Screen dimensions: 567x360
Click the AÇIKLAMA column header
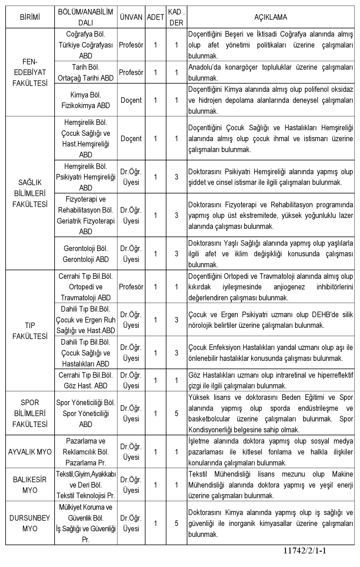(270, 17)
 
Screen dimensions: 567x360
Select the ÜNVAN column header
(131, 17)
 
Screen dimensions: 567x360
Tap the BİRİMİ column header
(30, 17)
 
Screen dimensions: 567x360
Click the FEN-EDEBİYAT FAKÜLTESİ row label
(30, 73)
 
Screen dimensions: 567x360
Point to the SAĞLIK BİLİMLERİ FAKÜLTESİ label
(30, 193)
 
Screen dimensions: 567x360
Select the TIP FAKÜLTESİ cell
(30, 331)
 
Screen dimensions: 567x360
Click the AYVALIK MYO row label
(30, 452)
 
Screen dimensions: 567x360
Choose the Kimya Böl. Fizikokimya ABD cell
(86, 100)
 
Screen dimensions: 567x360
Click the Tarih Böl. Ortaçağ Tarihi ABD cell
(86, 73)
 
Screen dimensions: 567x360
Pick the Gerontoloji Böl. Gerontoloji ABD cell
(86, 254)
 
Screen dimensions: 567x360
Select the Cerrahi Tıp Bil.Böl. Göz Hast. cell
(86, 380)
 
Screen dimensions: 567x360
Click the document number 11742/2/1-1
(305, 550)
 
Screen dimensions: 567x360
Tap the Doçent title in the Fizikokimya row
(131, 100)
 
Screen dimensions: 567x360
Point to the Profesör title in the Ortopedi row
(131, 287)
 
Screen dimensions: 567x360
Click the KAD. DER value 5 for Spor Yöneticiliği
(176, 413)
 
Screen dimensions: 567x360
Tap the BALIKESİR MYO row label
(30, 485)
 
